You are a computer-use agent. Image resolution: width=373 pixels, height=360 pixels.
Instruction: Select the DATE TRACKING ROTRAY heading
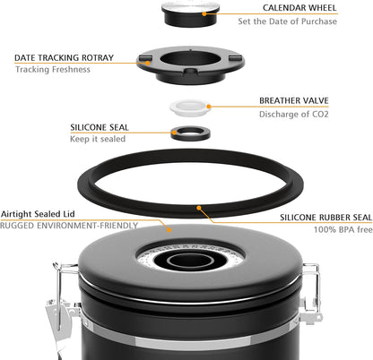coord(64,57)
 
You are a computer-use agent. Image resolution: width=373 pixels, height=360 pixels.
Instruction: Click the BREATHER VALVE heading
coord(299,101)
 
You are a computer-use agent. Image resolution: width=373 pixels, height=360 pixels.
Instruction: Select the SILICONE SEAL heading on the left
coord(104,128)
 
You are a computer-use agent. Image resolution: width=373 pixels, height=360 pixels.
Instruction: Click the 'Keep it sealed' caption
coord(98,140)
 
